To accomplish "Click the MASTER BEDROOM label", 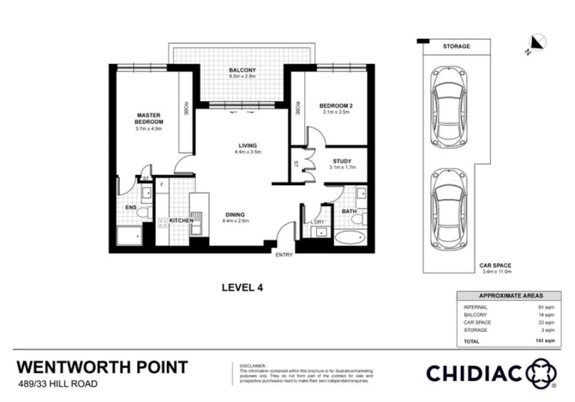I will pyautogui.click(x=148, y=118).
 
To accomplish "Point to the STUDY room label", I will pyautogui.click(x=342, y=161).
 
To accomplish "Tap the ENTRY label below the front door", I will pyautogui.click(x=284, y=255).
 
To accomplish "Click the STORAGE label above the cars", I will pyautogui.click(x=456, y=46).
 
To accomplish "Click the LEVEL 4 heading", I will pyautogui.click(x=242, y=287).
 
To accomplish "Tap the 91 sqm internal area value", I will pyautogui.click(x=548, y=307).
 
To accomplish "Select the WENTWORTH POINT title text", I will pyautogui.click(x=102, y=367).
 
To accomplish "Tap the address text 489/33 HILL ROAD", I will pyautogui.click(x=58, y=383).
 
